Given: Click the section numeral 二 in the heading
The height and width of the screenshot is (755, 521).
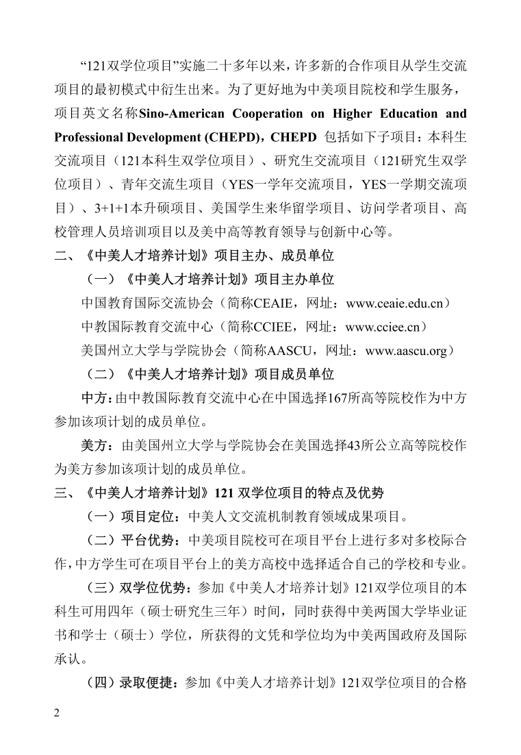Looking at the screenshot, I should (x=60, y=256).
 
